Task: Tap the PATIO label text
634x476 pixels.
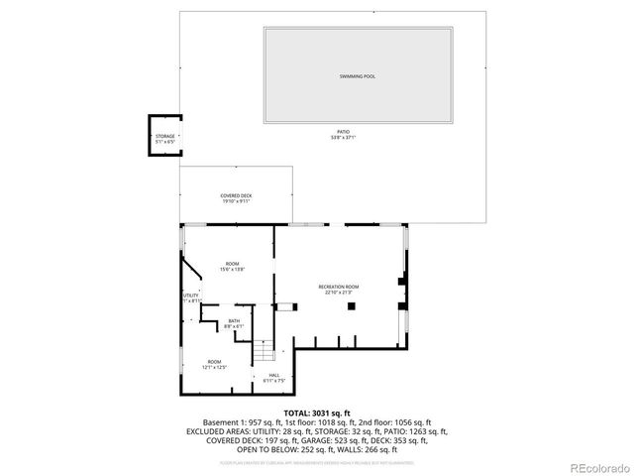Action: click(342, 132)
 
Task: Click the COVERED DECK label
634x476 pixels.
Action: click(236, 196)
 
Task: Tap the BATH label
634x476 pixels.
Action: click(234, 320)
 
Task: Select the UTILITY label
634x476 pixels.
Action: click(190, 296)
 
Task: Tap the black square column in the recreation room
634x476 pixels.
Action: click(351, 306)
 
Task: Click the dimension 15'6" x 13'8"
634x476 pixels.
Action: click(232, 269)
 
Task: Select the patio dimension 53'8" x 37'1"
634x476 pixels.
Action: click(342, 138)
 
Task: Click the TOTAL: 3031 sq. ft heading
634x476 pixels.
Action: click(317, 413)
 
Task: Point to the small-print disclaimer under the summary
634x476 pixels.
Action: click(317, 461)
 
